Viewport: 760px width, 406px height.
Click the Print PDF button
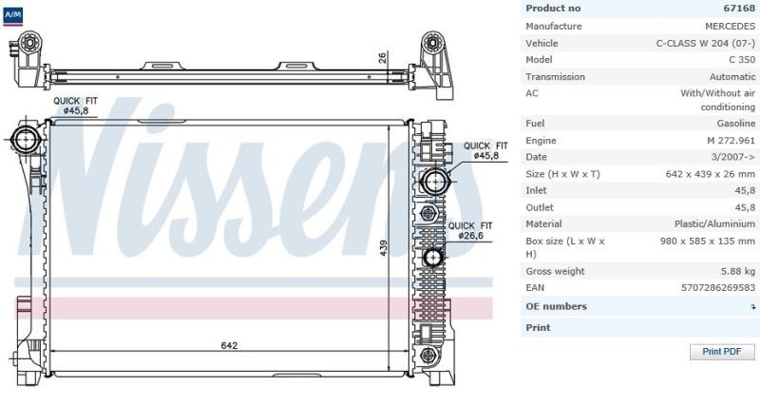coord(722,352)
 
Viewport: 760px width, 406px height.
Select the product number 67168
coord(739,9)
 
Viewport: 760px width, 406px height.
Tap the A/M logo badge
coord(12,16)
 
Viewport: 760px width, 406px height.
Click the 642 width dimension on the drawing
coord(229,345)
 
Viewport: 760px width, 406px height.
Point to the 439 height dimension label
coord(384,248)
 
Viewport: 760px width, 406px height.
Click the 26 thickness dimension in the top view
coord(383,58)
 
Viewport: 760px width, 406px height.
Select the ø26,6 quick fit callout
coord(469,231)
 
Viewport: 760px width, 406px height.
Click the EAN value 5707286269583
coord(718,288)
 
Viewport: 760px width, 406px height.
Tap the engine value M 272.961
coord(731,141)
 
